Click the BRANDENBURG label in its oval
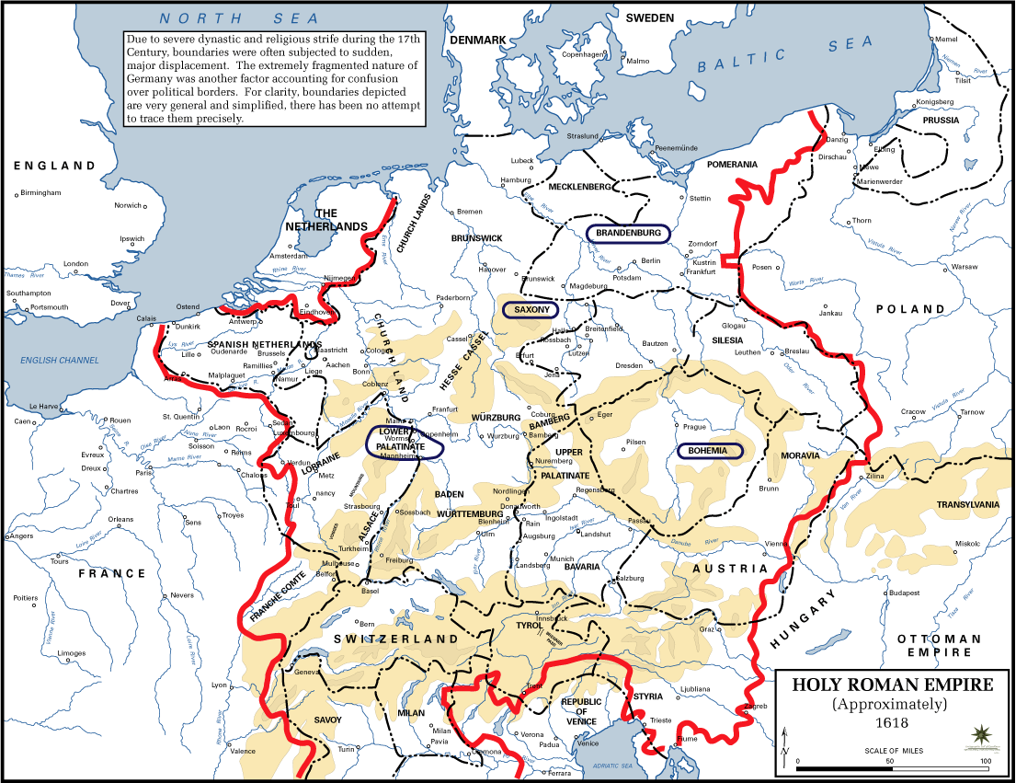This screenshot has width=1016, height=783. click(x=629, y=234)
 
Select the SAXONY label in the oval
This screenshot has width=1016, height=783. click(x=532, y=310)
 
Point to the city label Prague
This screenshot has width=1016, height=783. click(x=693, y=427)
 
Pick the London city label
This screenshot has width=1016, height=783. click(x=75, y=264)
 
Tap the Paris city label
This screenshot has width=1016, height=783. click(x=143, y=473)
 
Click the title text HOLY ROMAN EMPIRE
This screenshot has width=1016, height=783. click(x=893, y=685)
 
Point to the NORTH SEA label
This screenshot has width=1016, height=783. click(x=238, y=18)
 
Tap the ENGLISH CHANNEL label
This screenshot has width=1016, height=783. click(x=60, y=360)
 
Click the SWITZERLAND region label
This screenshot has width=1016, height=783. click(x=395, y=639)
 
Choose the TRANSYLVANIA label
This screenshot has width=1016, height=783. click(x=967, y=505)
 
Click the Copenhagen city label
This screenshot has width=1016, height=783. click(x=583, y=54)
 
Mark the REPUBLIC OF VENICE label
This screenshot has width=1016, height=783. click(x=581, y=712)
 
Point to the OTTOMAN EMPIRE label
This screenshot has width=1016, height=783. click(x=939, y=645)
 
